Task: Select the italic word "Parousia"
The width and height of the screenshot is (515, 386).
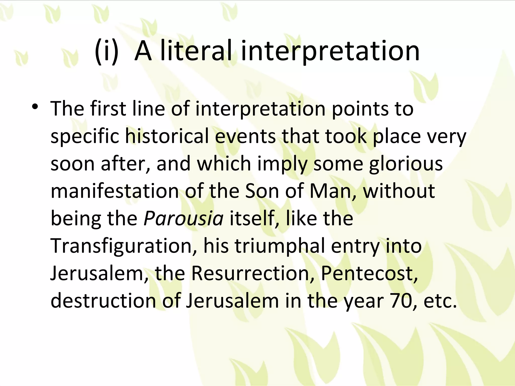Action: click(x=183, y=218)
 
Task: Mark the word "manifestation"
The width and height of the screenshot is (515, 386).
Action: click(x=115, y=190)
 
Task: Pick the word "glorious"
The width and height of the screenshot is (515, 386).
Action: click(x=406, y=163)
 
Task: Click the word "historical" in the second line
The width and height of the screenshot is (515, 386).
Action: click(x=167, y=136)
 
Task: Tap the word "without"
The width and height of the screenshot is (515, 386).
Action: click(x=399, y=190)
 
